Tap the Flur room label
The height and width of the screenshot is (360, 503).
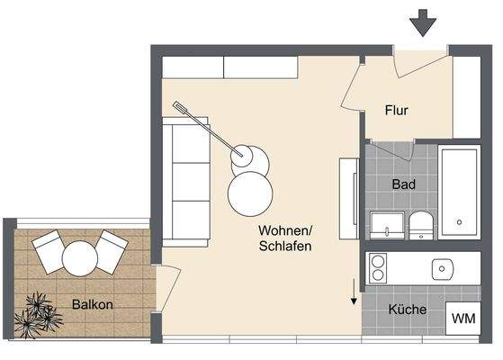pyautogui.click(x=397, y=111)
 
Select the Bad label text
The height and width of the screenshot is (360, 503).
pyautogui.click(x=403, y=184)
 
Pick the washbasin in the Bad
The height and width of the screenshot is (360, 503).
pyautogui.click(x=386, y=226)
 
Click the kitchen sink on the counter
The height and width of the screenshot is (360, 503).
pyautogui.click(x=442, y=268)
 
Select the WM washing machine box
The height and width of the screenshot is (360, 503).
pyautogui.click(x=463, y=318)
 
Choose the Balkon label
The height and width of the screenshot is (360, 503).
pyautogui.click(x=92, y=304)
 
